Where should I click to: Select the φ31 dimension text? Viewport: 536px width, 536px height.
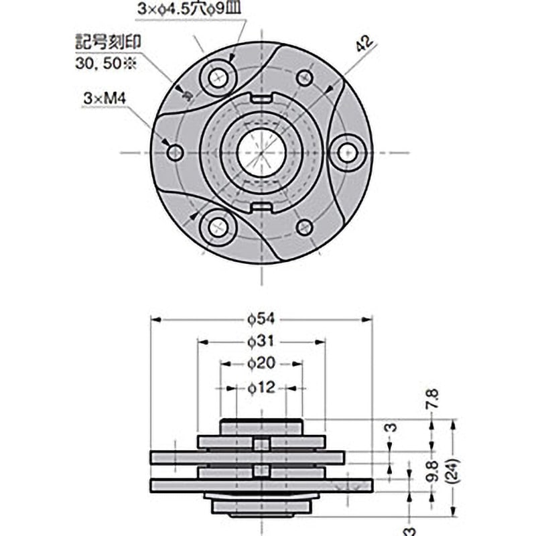pyautogui.click(x=261, y=342)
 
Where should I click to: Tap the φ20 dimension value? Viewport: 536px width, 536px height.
pyautogui.click(x=261, y=364)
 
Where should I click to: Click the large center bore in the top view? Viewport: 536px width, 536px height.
pyautogui.click(x=261, y=153)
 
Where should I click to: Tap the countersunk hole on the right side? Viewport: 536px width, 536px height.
pyautogui.click(x=346, y=153)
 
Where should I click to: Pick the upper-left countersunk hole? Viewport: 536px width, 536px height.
pyautogui.click(x=218, y=79)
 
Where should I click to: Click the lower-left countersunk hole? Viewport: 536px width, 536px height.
pyautogui.click(x=218, y=227)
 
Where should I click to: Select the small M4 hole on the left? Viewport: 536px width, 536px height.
pyautogui.click(x=176, y=153)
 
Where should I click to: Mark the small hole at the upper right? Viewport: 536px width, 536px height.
pyautogui.click(x=305, y=78)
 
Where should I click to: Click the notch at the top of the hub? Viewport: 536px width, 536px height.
pyautogui.click(x=261, y=98)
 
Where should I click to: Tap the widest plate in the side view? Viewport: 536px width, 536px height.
pyautogui.click(x=261, y=484)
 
